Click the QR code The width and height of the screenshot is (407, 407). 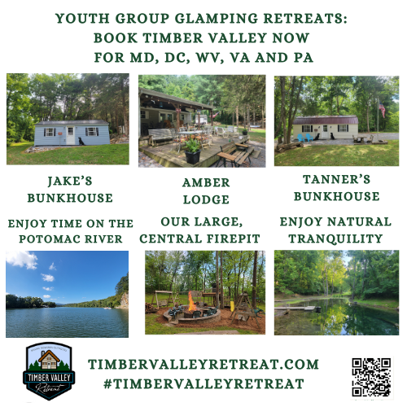coord(371,377)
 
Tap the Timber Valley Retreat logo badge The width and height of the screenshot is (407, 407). coord(50,373)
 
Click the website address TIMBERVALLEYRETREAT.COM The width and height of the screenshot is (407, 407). coord(203,364)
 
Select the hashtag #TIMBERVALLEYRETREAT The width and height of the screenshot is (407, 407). coord(203,383)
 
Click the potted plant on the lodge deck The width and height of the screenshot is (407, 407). coord(193,151)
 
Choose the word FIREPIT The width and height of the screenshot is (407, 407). coord(230,238)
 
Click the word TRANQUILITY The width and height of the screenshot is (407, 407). coord(335,238)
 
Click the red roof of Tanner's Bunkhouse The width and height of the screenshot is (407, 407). coord(325,120)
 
